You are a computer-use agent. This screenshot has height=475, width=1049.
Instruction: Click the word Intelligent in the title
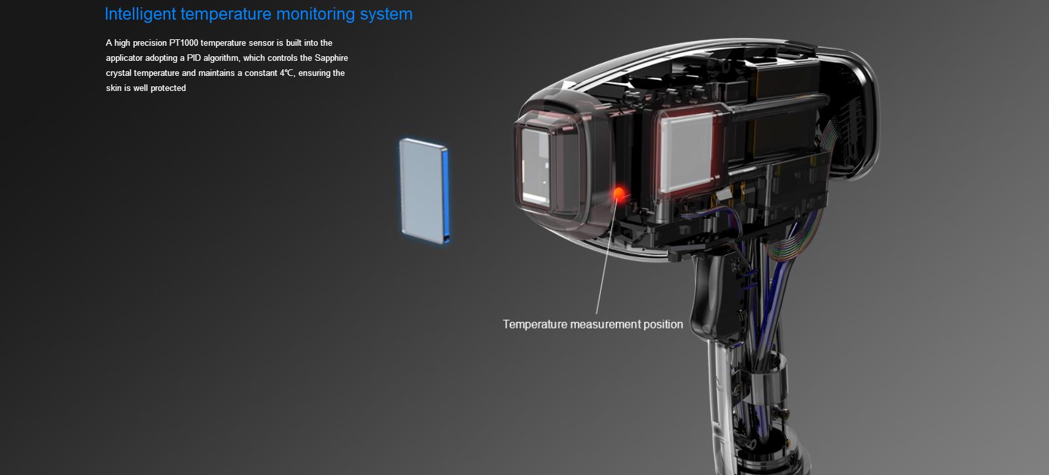click(141, 14)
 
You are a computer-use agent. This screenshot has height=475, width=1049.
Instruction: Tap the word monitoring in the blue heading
click(315, 14)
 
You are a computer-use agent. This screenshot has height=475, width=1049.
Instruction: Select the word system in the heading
click(386, 14)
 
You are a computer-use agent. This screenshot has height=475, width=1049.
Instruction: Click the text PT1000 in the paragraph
click(184, 43)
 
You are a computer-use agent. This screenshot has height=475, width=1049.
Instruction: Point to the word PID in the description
click(194, 58)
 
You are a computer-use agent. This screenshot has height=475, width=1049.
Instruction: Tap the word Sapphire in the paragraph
click(331, 58)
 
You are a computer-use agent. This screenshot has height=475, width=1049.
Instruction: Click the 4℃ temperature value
click(287, 73)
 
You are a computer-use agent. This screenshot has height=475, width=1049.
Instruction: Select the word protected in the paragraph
click(168, 88)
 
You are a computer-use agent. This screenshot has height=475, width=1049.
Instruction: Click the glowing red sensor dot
click(618, 193)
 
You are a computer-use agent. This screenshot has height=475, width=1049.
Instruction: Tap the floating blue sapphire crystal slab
click(424, 191)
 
